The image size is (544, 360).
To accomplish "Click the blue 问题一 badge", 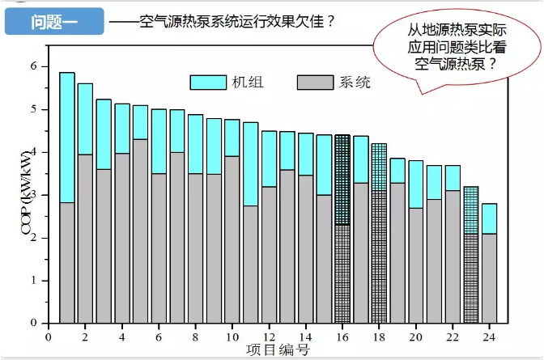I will (54, 22).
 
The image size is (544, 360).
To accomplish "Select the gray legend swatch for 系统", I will (317, 82).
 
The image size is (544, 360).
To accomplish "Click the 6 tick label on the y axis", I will (33, 66).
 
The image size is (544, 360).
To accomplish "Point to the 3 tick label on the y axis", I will (33, 195).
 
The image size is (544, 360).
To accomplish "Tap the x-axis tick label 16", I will (342, 336).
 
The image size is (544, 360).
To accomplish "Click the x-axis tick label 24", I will (489, 336).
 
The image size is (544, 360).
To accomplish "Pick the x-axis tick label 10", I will (232, 336).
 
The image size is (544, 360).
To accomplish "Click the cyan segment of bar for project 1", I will (67, 138).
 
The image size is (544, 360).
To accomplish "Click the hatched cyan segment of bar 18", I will (379, 167).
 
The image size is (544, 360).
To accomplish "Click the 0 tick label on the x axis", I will (49, 336).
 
